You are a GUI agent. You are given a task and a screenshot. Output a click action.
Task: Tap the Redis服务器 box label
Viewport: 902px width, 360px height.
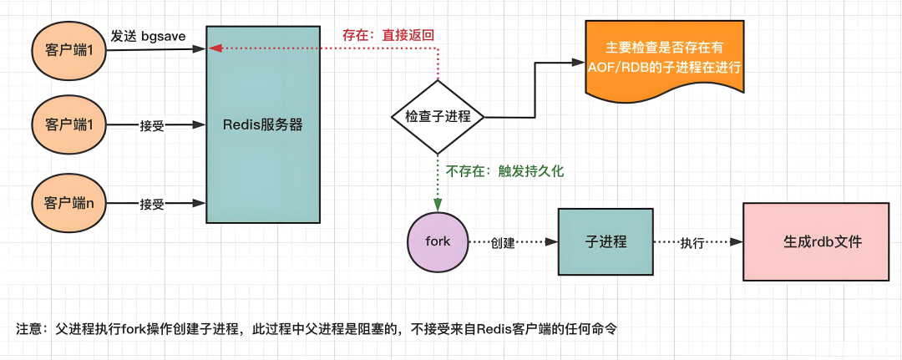262,125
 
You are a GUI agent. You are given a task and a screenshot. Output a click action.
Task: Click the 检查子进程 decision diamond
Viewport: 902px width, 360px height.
438,117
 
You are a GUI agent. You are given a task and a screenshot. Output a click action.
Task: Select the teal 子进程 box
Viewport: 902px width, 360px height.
606,241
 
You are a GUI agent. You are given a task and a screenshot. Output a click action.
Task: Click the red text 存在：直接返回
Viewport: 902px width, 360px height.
388,36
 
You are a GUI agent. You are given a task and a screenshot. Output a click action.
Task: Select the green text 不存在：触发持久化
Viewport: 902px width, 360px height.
504,171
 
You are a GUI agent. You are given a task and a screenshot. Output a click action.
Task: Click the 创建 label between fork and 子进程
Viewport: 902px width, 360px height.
503,243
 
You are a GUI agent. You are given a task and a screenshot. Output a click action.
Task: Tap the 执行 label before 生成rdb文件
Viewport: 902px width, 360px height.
692,243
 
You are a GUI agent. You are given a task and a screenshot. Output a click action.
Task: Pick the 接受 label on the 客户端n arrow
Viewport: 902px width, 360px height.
152,204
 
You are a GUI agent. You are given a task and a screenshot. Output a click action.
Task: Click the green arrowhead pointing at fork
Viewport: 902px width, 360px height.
437,205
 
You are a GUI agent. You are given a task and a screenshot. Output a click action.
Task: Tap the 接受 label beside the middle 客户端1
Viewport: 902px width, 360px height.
152,126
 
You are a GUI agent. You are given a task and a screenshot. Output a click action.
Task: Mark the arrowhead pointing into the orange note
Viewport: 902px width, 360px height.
576,63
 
